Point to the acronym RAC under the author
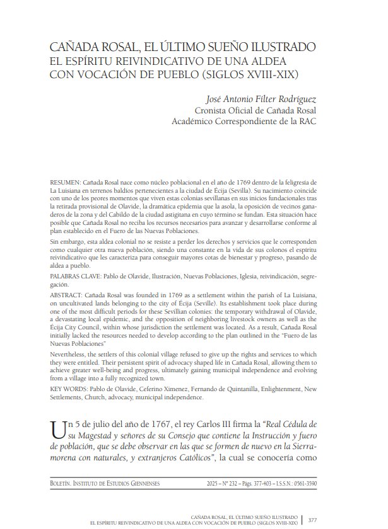(x=307, y=122)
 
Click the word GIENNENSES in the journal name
(x=139, y=483)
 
